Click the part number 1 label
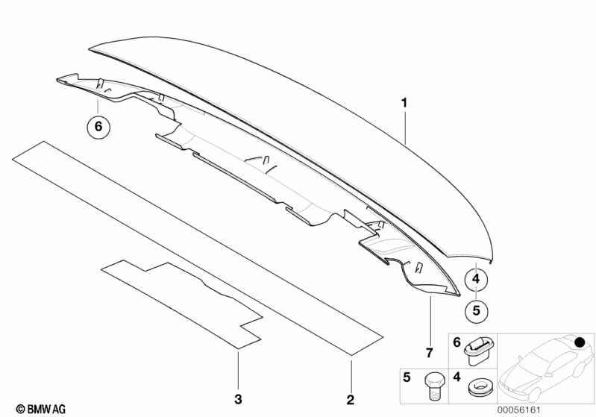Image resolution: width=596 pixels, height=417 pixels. [x=404, y=103]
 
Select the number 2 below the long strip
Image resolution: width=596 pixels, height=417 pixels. [x=351, y=400]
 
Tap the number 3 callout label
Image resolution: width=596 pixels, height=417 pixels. [x=238, y=400]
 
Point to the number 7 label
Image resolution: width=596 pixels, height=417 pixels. [x=430, y=353]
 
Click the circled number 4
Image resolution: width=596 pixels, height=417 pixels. [x=476, y=280]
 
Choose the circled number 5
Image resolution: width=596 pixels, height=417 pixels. [x=476, y=311]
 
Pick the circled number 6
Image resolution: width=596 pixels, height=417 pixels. [x=98, y=126]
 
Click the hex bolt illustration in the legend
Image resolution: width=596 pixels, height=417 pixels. [x=433, y=386]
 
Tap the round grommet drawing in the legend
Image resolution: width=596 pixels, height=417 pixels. [x=479, y=388]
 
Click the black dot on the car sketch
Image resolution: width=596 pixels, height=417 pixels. [x=580, y=342]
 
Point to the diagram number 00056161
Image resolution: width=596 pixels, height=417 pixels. [x=519, y=410]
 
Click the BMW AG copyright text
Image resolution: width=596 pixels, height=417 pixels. [x=41, y=409]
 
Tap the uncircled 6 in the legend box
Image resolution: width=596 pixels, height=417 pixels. [x=457, y=342]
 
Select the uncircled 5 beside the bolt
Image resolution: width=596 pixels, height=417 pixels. [x=407, y=377]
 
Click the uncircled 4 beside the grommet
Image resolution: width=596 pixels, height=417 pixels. [x=457, y=377]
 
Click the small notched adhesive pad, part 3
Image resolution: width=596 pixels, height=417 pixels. [x=183, y=304]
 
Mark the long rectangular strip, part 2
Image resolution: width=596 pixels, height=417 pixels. [x=198, y=248]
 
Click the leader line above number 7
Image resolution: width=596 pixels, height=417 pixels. [x=430, y=320]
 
